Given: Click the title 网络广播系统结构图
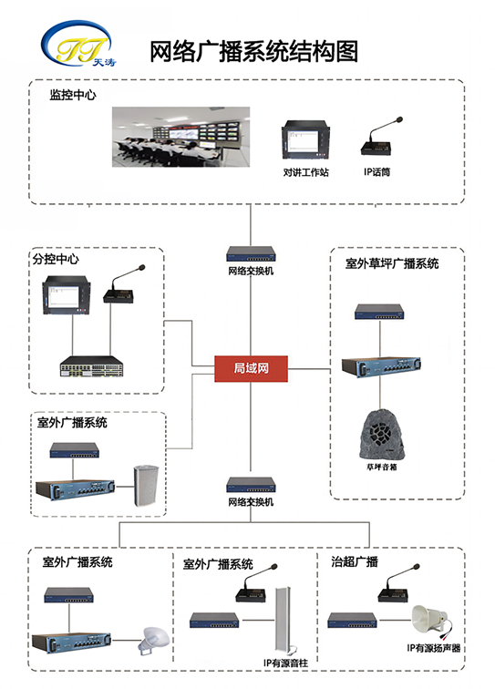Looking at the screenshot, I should click(x=253, y=51).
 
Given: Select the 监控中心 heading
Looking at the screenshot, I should click(x=73, y=94).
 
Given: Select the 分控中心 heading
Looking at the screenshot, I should click(x=56, y=259).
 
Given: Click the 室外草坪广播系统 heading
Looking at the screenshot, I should click(x=392, y=263).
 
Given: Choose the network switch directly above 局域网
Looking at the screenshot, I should click(x=250, y=255).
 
